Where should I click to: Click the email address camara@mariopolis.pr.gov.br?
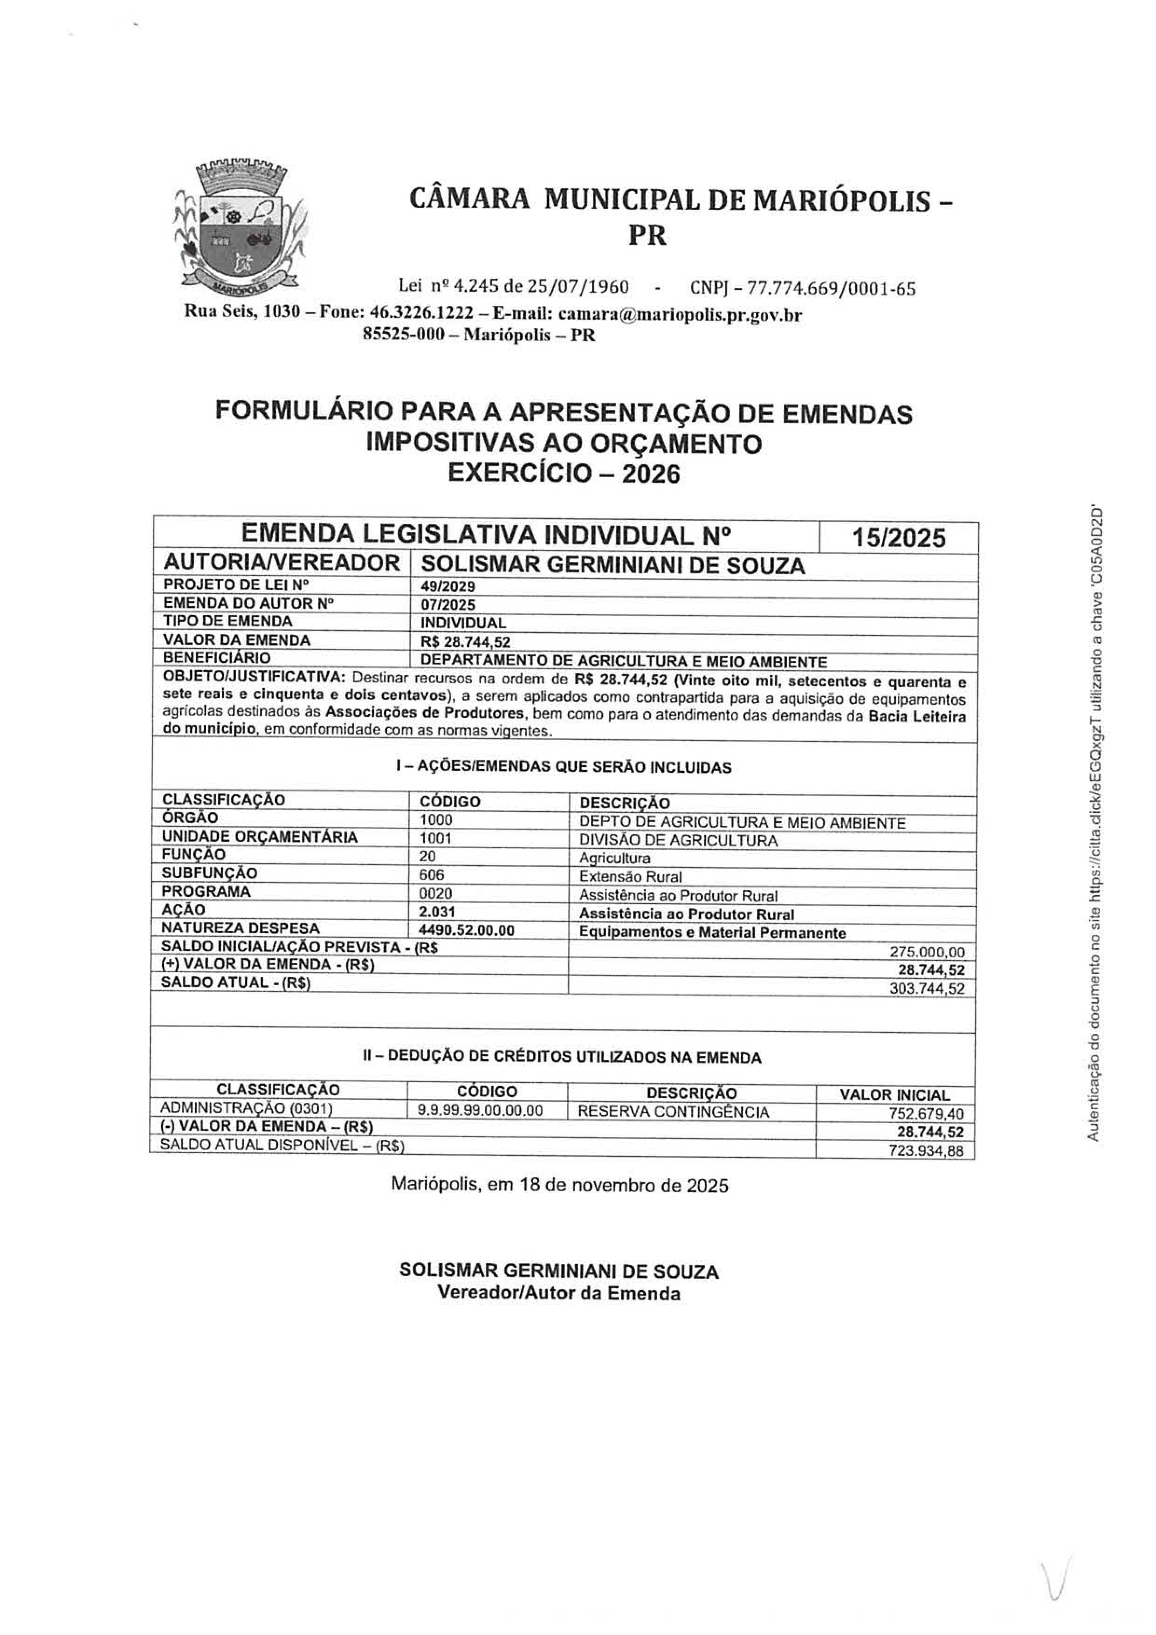coord(680,314)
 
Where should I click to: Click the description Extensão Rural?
coord(630,877)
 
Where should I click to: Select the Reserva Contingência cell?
coord(673,1112)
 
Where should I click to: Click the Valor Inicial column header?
coord(895,1094)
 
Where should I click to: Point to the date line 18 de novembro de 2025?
coord(559,1185)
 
